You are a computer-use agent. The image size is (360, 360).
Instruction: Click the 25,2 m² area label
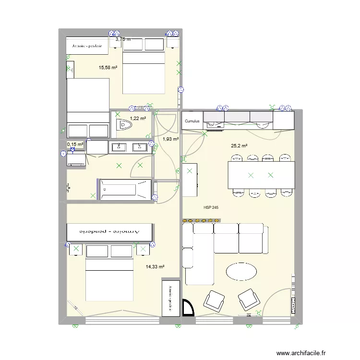239,145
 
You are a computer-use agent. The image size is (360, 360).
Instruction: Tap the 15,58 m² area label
108,68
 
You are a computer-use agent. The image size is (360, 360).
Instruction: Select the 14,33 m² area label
155,267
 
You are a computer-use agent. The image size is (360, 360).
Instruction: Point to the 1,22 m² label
138,118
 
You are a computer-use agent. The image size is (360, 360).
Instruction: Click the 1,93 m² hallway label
170,139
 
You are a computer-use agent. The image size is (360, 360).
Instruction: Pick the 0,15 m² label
75,144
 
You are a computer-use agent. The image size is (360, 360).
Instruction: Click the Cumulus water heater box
192,121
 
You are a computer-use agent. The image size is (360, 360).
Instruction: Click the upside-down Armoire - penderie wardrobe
110,232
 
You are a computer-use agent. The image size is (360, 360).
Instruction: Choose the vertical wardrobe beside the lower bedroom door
169,298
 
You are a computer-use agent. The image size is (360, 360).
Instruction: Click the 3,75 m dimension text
123,40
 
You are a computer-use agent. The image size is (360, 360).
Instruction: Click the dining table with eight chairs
261,175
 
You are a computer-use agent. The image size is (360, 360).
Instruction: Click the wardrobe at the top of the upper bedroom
87,46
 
